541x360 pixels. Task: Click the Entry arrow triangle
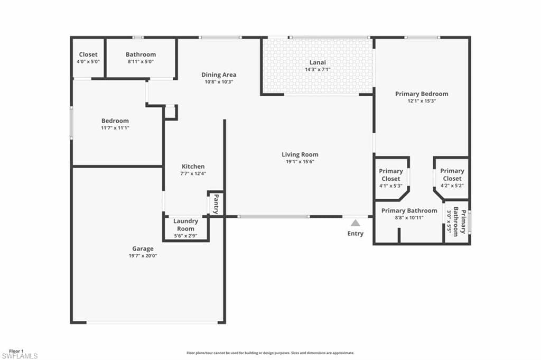pyautogui.click(x=356, y=223)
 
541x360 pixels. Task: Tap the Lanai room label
pyautogui.click(x=318, y=62)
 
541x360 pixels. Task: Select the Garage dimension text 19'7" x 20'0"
pyautogui.click(x=143, y=256)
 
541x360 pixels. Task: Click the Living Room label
pyautogui.click(x=300, y=154)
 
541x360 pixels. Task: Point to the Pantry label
pyautogui.click(x=216, y=204)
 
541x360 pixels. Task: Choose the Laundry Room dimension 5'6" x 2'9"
pyautogui.click(x=185, y=236)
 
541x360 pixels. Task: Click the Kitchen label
pyautogui.click(x=193, y=167)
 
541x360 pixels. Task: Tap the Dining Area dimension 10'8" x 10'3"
pyautogui.click(x=219, y=82)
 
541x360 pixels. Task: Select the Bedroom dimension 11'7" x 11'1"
pyautogui.click(x=115, y=128)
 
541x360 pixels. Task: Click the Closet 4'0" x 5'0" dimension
pyautogui.click(x=88, y=61)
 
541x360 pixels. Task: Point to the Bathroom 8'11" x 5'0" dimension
pyautogui.click(x=141, y=61)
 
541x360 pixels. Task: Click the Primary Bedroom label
pyautogui.click(x=422, y=94)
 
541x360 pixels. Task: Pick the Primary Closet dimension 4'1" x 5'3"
pyautogui.click(x=391, y=186)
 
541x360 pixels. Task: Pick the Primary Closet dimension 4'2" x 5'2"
pyautogui.click(x=452, y=186)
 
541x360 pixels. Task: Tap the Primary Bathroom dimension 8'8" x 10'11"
pyautogui.click(x=409, y=217)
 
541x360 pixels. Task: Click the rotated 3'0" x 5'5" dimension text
pyautogui.click(x=449, y=222)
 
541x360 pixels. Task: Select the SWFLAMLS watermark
pyautogui.click(x=20, y=356)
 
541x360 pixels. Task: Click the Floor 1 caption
pyautogui.click(x=16, y=351)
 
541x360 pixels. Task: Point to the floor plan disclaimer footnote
pyautogui.click(x=270, y=353)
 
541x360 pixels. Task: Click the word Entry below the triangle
pyautogui.click(x=356, y=234)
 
